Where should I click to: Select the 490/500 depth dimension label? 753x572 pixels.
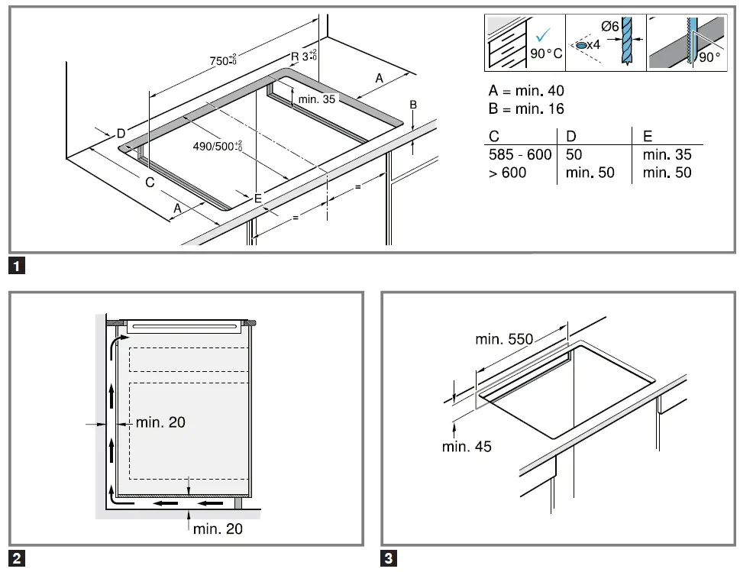coord(217,146)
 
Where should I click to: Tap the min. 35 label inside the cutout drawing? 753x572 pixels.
coord(317,99)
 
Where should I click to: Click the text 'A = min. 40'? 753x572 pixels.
coord(526,91)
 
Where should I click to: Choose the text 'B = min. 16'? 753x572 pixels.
coord(526,109)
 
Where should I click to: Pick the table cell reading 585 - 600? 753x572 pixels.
coord(519,155)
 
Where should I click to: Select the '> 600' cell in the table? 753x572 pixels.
coord(508,173)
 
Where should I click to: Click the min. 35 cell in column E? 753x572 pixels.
coord(667,155)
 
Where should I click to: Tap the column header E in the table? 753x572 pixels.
coord(648,137)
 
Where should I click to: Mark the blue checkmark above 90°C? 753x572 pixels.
coord(543,34)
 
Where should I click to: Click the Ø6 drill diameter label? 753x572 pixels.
coord(609,27)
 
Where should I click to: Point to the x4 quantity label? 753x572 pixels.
coord(593,46)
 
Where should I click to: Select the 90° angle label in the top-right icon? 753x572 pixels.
coord(709,58)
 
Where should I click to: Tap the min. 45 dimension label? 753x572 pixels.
coord(467,447)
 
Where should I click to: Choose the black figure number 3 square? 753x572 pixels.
coord(389,558)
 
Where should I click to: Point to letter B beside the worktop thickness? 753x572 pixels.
coord(413,105)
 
